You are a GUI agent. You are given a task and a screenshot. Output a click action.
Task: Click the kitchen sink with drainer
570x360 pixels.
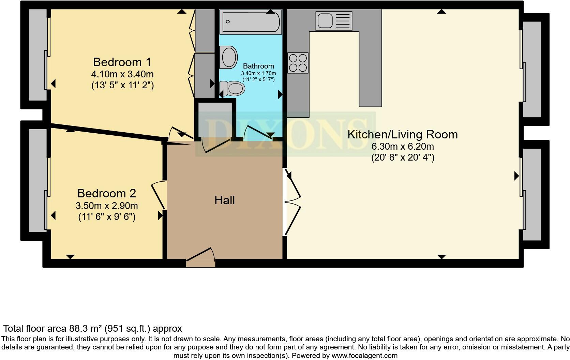pyautogui.click(x=334, y=21)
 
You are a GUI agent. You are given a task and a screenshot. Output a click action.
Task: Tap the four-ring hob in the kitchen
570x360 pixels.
pyautogui.click(x=298, y=63)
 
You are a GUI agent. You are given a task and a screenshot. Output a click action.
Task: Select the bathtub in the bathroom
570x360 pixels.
pyautogui.click(x=251, y=22)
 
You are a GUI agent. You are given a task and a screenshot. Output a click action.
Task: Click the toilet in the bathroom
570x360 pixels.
pyautogui.click(x=233, y=88)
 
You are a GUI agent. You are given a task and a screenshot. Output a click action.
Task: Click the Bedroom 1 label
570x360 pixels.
pyautogui.click(x=122, y=62)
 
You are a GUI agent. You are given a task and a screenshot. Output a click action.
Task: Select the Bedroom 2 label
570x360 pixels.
pyautogui.click(x=107, y=193)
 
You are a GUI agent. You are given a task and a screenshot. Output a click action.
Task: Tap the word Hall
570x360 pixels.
pyautogui.click(x=225, y=200)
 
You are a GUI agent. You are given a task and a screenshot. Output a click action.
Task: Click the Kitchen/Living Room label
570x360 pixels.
pyautogui.click(x=402, y=134)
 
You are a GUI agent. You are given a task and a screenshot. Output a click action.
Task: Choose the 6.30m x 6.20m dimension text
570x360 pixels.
pyautogui.click(x=402, y=147)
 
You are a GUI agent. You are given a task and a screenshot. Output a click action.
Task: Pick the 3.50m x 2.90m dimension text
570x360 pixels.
pyautogui.click(x=107, y=206)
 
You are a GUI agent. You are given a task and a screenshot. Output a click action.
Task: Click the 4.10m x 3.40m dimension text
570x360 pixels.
pyautogui.click(x=122, y=74)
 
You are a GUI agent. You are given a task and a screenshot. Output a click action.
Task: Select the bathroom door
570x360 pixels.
pyautogui.click(x=257, y=133)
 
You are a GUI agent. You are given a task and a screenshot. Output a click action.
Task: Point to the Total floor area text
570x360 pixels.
pyautogui.click(x=92, y=329)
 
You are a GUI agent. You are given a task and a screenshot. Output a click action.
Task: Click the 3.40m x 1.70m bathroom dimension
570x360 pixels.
pyautogui.click(x=258, y=73)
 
